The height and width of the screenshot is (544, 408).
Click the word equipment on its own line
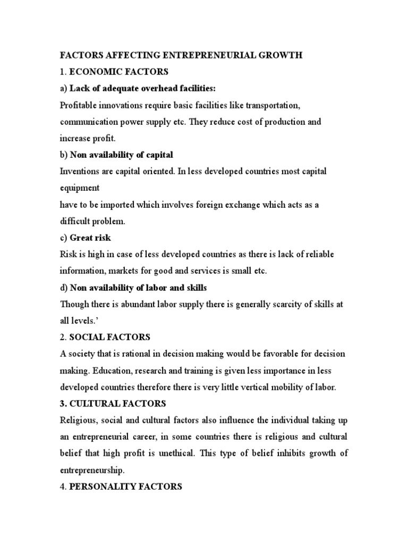click(80, 188)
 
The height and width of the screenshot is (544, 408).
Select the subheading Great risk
click(91, 237)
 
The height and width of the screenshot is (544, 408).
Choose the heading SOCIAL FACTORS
click(110, 337)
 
